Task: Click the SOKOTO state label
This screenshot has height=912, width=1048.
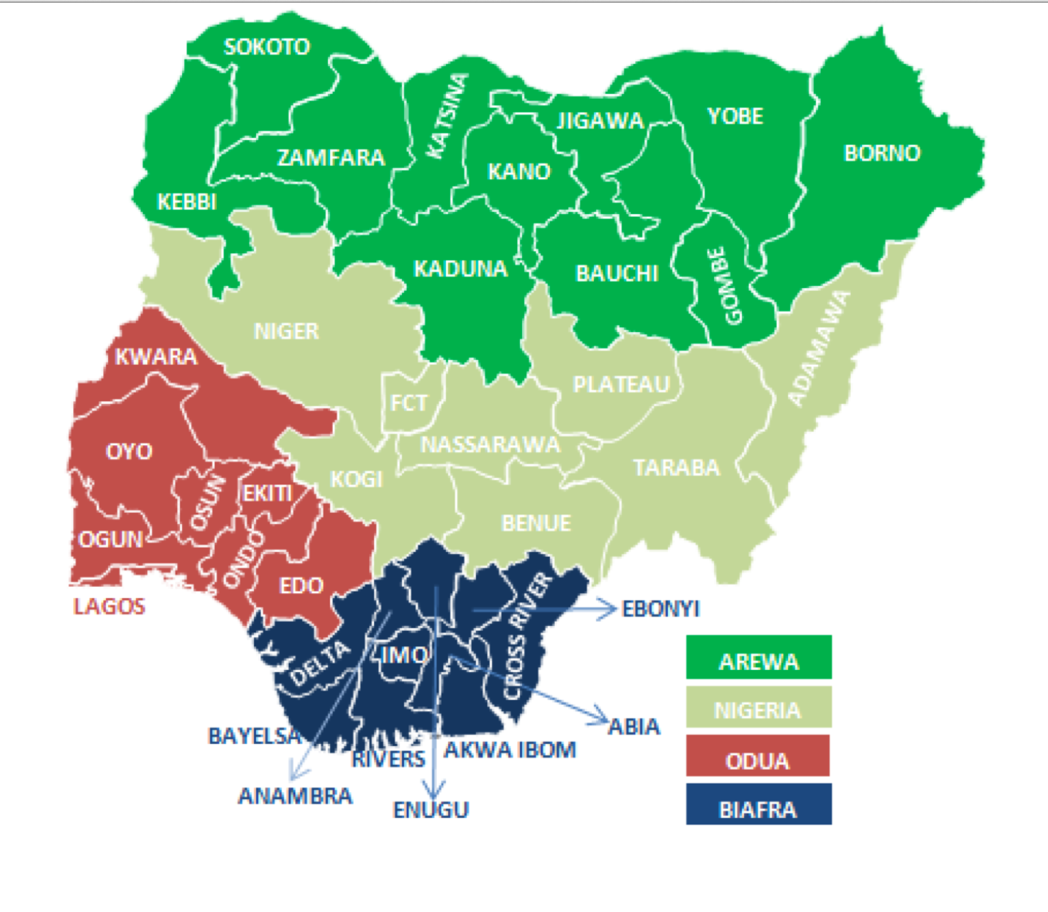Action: point(267,47)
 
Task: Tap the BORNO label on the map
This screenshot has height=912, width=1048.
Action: point(882,153)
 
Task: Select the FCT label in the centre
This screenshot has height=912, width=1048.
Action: point(408,403)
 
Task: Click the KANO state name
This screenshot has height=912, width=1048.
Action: point(519,172)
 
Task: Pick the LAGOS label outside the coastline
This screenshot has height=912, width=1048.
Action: point(109,606)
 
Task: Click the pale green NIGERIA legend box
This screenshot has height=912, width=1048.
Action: point(759,707)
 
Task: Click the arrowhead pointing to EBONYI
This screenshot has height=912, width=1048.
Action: point(611,609)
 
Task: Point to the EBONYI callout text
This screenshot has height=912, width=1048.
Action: point(660,609)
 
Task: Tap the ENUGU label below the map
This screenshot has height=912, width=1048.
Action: point(431,810)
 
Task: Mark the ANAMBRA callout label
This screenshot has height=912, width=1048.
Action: point(295,796)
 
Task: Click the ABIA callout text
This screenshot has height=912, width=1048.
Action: point(634,727)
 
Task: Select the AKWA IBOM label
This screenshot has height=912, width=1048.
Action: point(510,750)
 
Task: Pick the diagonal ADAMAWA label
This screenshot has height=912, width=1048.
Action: point(819,348)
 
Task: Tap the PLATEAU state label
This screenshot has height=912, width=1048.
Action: point(621,385)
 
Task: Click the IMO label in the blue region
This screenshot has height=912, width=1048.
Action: point(405,655)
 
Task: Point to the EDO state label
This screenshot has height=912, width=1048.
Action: point(301,586)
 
